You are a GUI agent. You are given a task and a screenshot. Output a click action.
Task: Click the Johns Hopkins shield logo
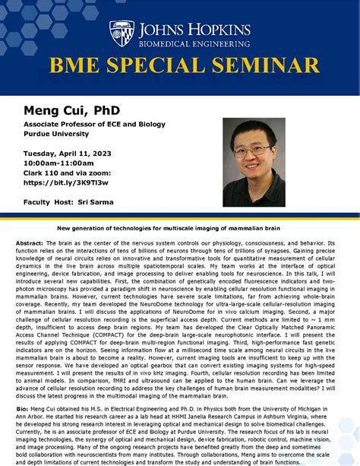pyautogui.click(x=123, y=33)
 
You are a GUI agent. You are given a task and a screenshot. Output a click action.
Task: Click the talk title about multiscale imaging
pyautogui.click(x=180, y=227)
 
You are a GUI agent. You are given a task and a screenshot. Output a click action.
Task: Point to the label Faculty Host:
pyautogui.click(x=47, y=202)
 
